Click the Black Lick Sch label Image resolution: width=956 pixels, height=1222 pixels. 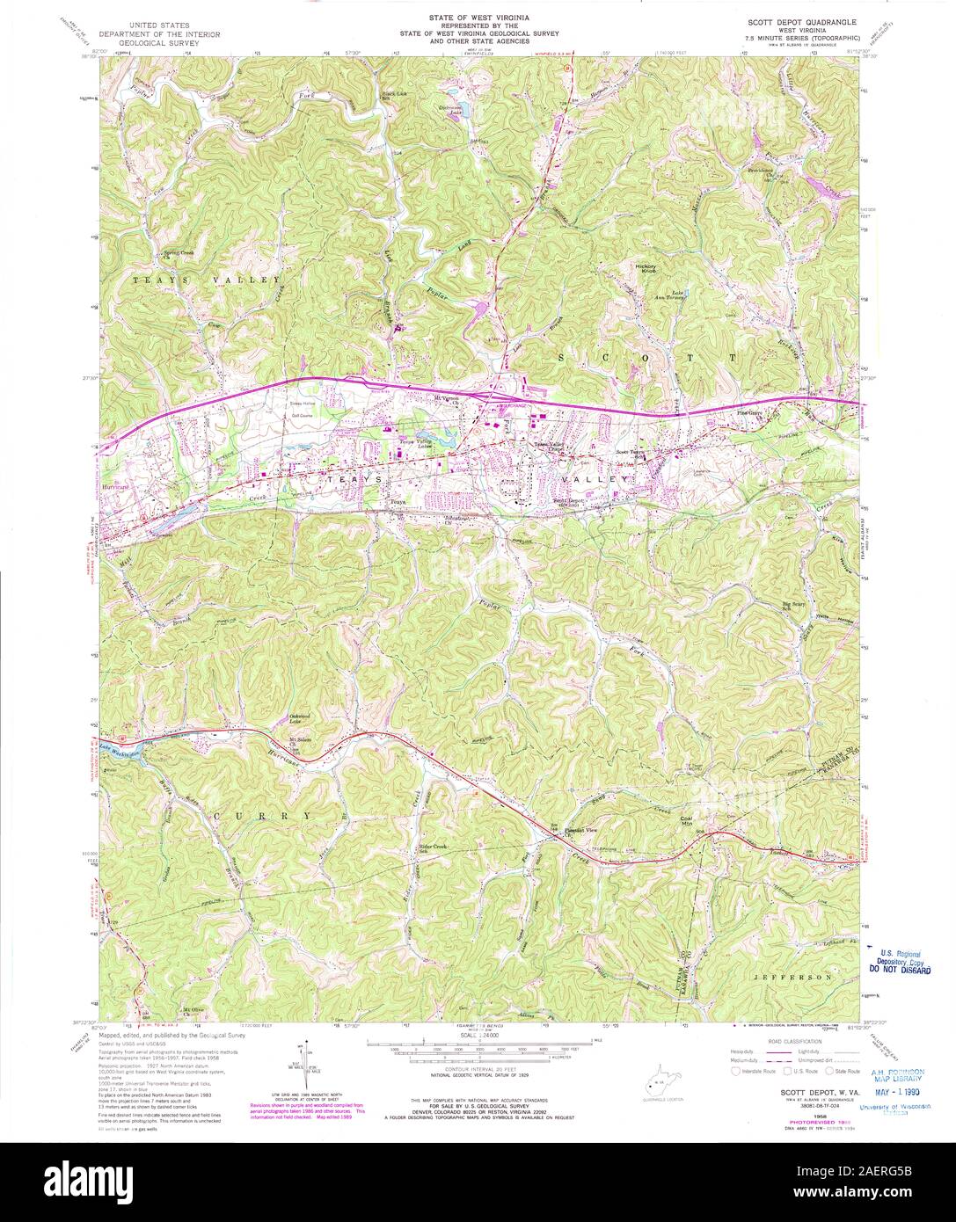pyautogui.click(x=392, y=96)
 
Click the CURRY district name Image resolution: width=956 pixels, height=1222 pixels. pyautogui.click(x=261, y=816)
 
